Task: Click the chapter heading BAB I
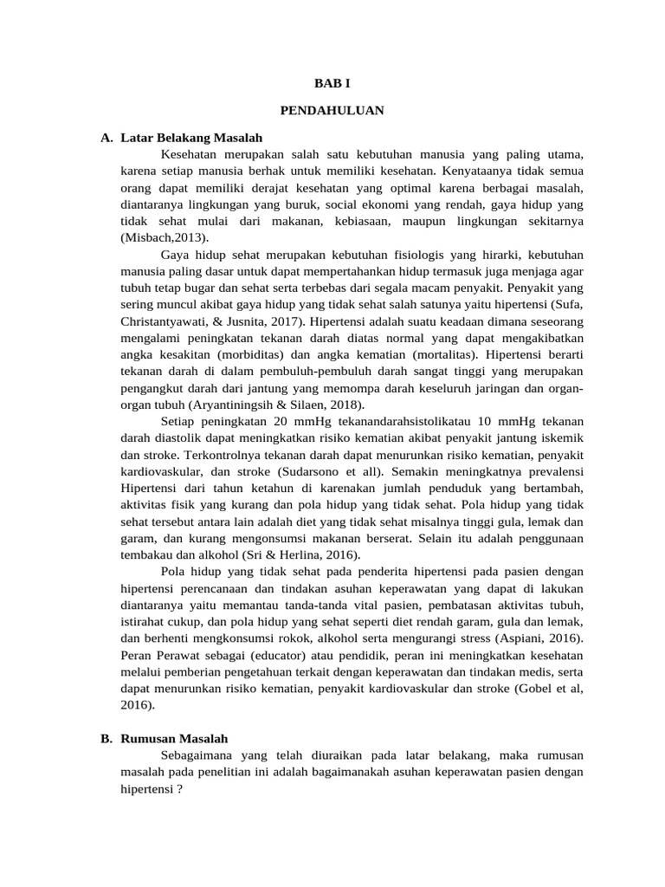point(332,83)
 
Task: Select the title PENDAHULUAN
point(332,111)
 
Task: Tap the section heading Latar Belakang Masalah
point(191,139)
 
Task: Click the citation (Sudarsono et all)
point(333,470)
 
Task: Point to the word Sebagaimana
point(199,755)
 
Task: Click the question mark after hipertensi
point(179,789)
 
